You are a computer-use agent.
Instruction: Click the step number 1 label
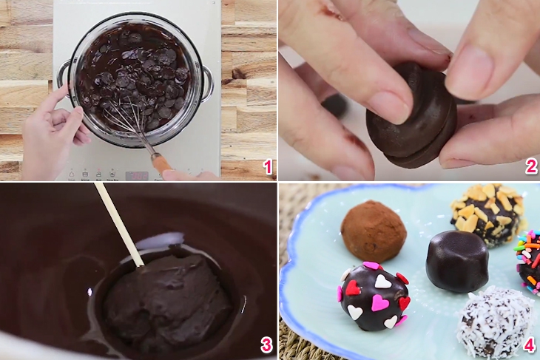(267, 168)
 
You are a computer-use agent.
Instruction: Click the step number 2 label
(530, 168)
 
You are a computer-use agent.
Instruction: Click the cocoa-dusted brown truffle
(374, 231)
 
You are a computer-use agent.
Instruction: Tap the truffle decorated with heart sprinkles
(373, 295)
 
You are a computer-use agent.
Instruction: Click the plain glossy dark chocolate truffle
(456, 260)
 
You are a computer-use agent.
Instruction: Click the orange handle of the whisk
(161, 162)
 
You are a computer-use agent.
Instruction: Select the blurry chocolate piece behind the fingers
(334, 104)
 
